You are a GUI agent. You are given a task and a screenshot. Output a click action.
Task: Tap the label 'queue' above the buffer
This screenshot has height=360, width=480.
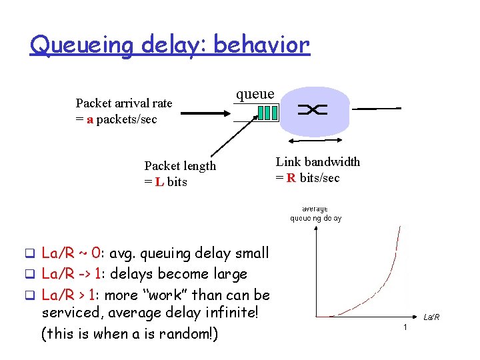(254, 94)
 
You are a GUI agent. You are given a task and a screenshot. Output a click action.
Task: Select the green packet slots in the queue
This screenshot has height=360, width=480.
(267, 113)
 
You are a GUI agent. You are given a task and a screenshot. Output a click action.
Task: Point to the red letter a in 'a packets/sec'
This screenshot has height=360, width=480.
(89, 119)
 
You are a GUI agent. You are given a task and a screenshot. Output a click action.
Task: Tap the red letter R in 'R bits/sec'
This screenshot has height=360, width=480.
(291, 178)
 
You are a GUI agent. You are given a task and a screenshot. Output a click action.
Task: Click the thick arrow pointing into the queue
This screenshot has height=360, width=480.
(207, 113)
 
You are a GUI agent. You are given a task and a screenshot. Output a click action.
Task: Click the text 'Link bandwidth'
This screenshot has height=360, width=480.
(318, 162)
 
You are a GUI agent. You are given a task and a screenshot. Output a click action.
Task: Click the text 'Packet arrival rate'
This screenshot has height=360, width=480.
(124, 103)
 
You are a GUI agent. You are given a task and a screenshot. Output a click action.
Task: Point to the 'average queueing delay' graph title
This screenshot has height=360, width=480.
(315, 213)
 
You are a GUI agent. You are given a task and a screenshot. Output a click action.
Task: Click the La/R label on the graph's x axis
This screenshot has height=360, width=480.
(431, 317)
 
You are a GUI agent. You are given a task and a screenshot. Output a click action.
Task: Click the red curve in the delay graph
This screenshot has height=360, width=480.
(380, 294)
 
